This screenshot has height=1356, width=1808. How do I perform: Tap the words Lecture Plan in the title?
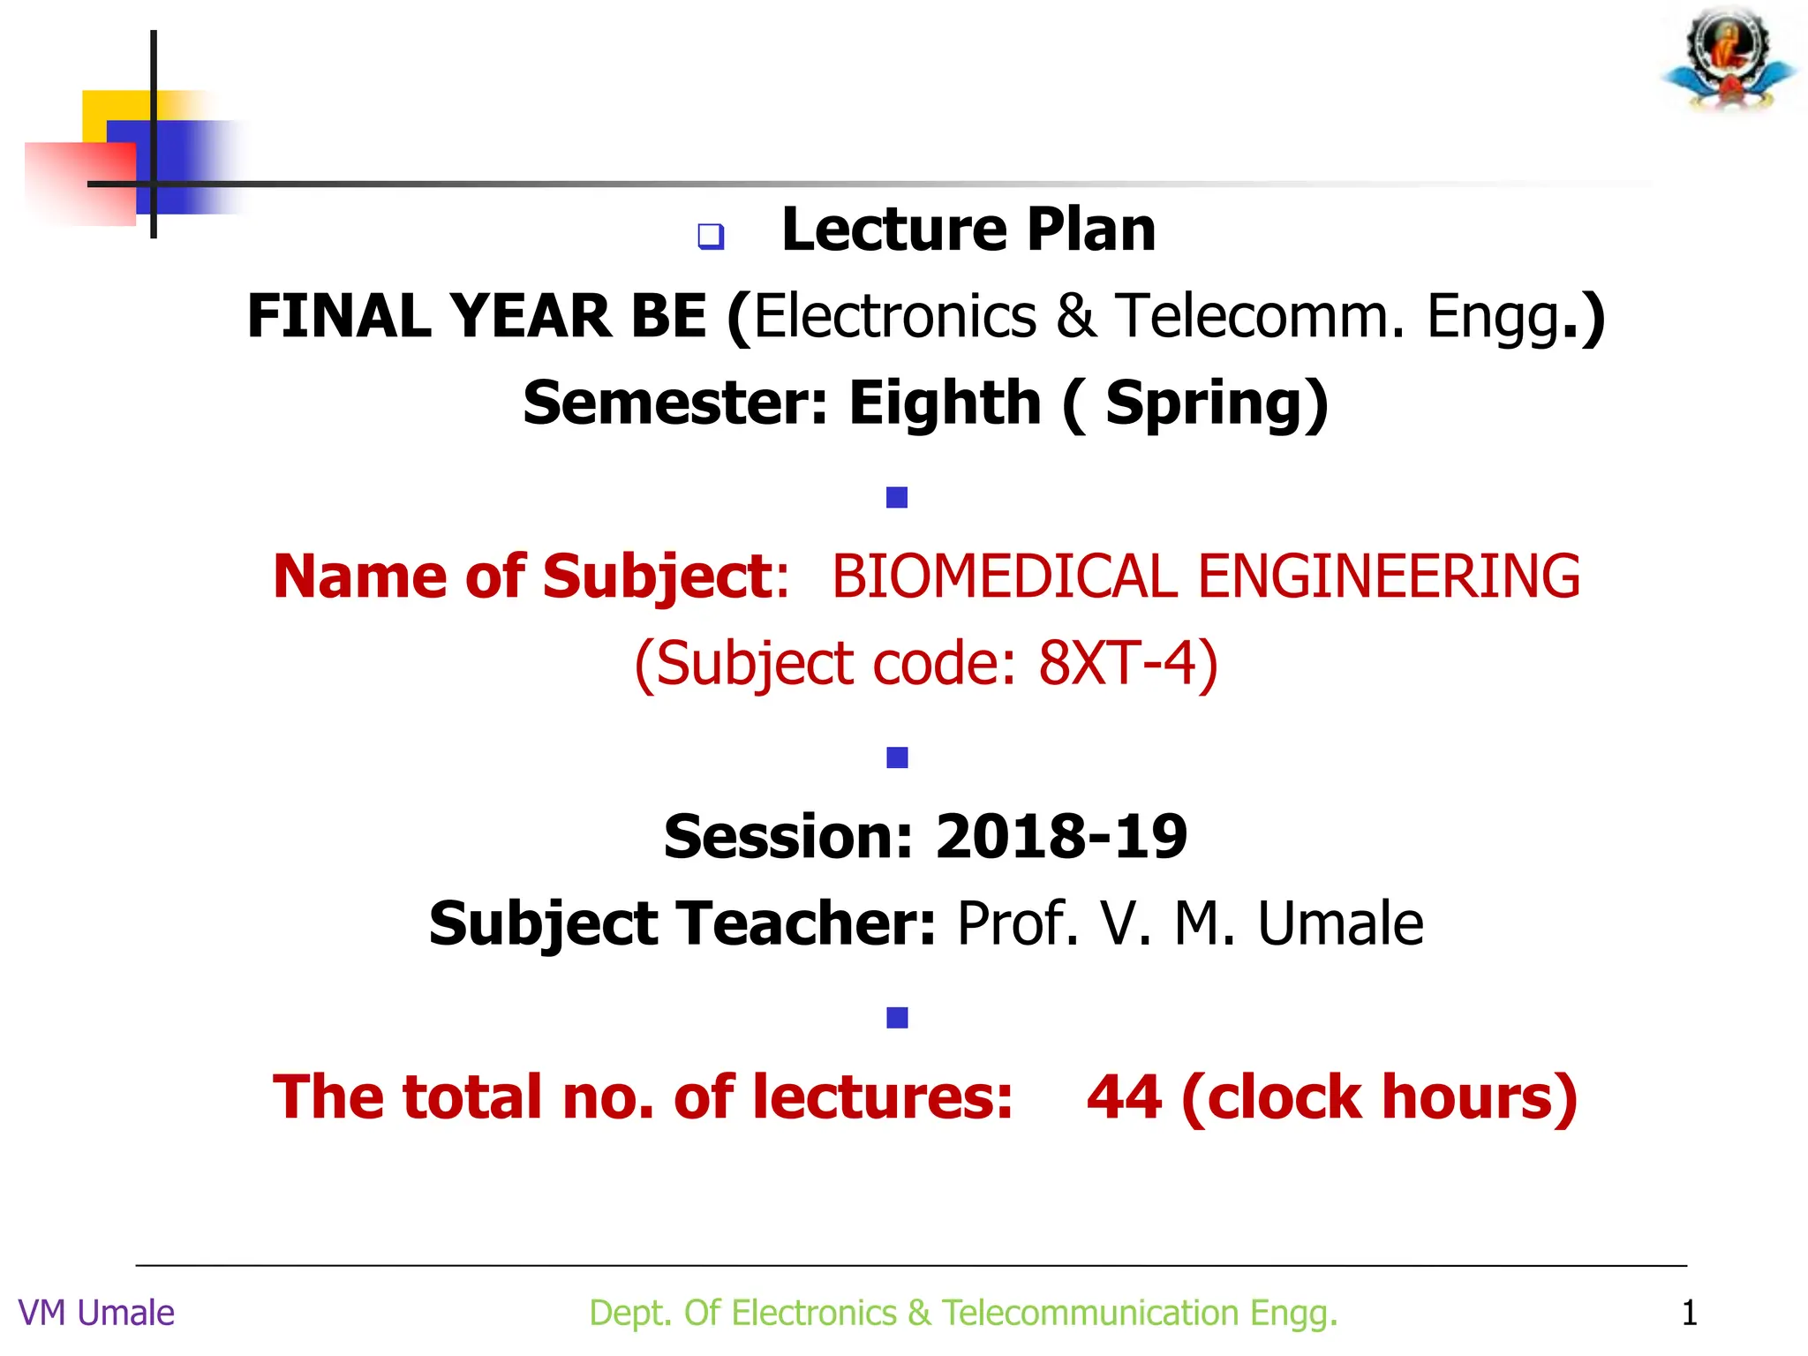[x=968, y=230]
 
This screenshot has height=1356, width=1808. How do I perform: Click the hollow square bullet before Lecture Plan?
[x=711, y=237]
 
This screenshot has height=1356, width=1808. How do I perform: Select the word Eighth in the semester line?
[x=945, y=403]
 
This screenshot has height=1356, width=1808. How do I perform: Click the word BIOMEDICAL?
[x=1004, y=577]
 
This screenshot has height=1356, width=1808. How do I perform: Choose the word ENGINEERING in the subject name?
[x=1389, y=577]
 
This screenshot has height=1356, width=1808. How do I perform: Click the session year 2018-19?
[x=1061, y=837]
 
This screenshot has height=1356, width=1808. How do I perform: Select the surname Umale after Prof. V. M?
[x=1340, y=924]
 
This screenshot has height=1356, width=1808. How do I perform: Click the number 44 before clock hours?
[x=1124, y=1097]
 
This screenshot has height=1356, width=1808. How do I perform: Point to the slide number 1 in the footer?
[x=1689, y=1314]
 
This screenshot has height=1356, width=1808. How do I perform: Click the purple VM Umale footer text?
[x=96, y=1314]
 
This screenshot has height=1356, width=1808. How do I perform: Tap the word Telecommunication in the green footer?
[x=1090, y=1314]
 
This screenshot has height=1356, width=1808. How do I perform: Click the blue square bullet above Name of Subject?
[x=897, y=498]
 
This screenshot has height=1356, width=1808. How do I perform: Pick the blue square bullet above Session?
[x=897, y=757]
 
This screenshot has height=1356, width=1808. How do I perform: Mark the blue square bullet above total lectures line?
[x=897, y=1018]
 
